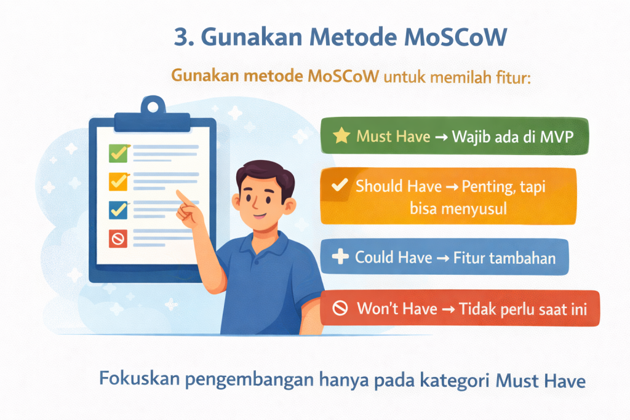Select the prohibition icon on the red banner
[340, 308]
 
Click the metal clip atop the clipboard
[153, 106]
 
